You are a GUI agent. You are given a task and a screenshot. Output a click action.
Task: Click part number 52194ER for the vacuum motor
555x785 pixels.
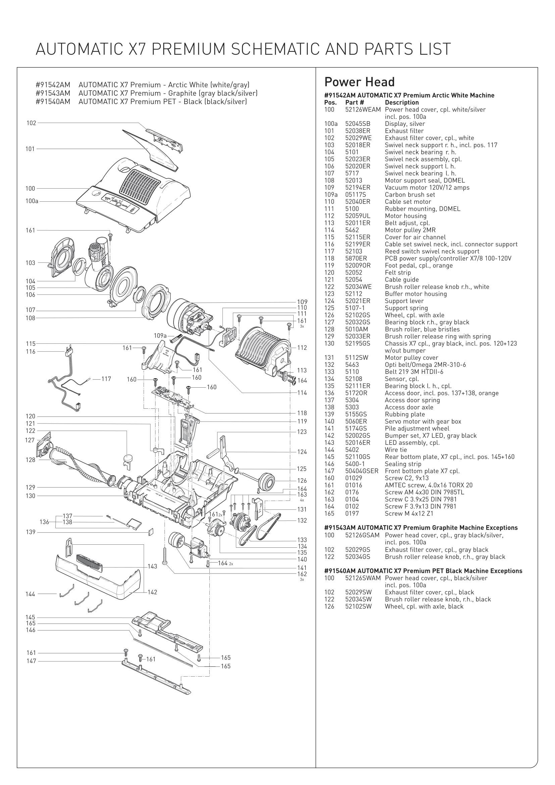pyautogui.click(x=357, y=188)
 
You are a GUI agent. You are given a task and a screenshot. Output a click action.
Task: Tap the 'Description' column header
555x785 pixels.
pyautogui.click(x=402, y=103)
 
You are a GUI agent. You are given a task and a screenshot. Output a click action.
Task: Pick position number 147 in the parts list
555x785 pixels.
pyautogui.click(x=329, y=471)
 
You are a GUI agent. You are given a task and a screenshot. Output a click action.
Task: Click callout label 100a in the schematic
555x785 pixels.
pyautogui.click(x=32, y=201)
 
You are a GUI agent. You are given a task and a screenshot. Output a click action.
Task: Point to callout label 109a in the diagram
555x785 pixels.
pyautogui.click(x=160, y=336)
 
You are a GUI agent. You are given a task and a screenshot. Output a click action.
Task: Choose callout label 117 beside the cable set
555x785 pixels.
pyautogui.click(x=106, y=379)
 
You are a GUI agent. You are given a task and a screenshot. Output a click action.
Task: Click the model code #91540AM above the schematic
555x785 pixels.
pyautogui.click(x=53, y=102)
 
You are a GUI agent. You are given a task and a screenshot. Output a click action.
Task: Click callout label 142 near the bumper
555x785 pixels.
pyautogui.click(x=152, y=592)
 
